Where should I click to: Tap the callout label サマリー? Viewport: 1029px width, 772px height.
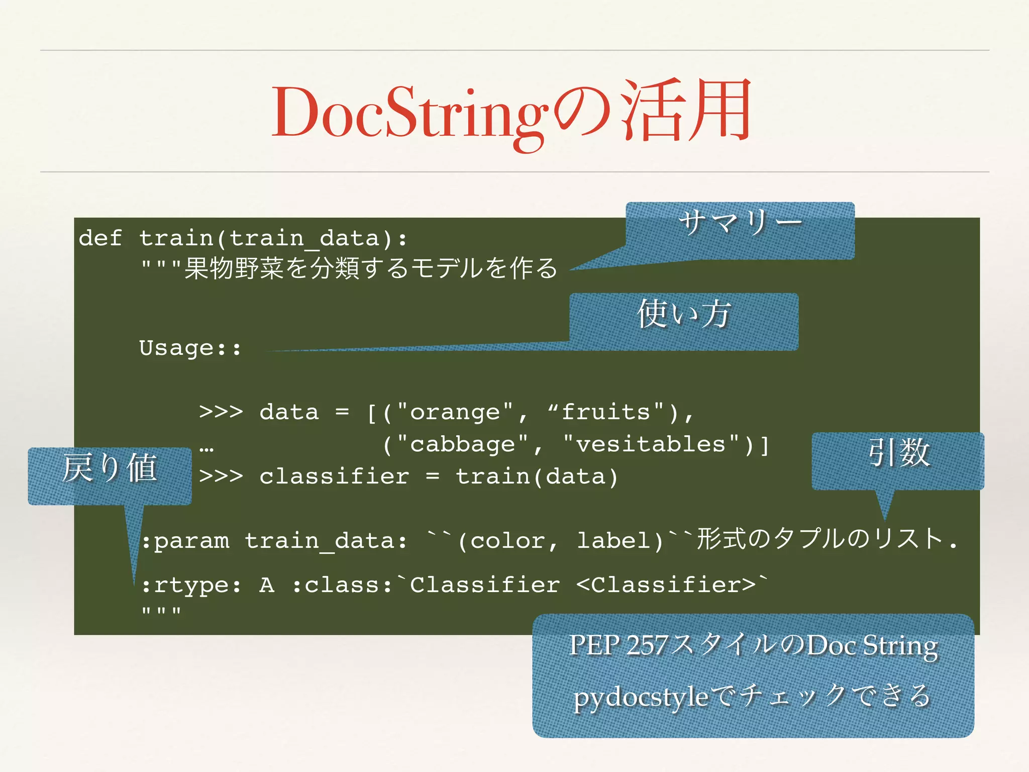click(740, 223)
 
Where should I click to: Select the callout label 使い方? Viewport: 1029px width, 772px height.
click(683, 315)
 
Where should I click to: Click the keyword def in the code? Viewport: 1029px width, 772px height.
click(100, 238)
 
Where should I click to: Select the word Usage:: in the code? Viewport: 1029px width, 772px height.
click(190, 348)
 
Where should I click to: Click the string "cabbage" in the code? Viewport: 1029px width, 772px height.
click(462, 444)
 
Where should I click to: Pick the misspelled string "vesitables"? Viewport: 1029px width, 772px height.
click(651, 444)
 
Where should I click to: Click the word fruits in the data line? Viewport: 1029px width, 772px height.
click(605, 412)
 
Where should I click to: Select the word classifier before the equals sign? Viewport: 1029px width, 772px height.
click(334, 476)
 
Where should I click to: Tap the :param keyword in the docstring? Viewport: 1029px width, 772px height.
click(185, 541)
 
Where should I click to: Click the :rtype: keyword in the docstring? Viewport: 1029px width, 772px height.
click(191, 585)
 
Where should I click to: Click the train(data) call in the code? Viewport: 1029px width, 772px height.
click(537, 476)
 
